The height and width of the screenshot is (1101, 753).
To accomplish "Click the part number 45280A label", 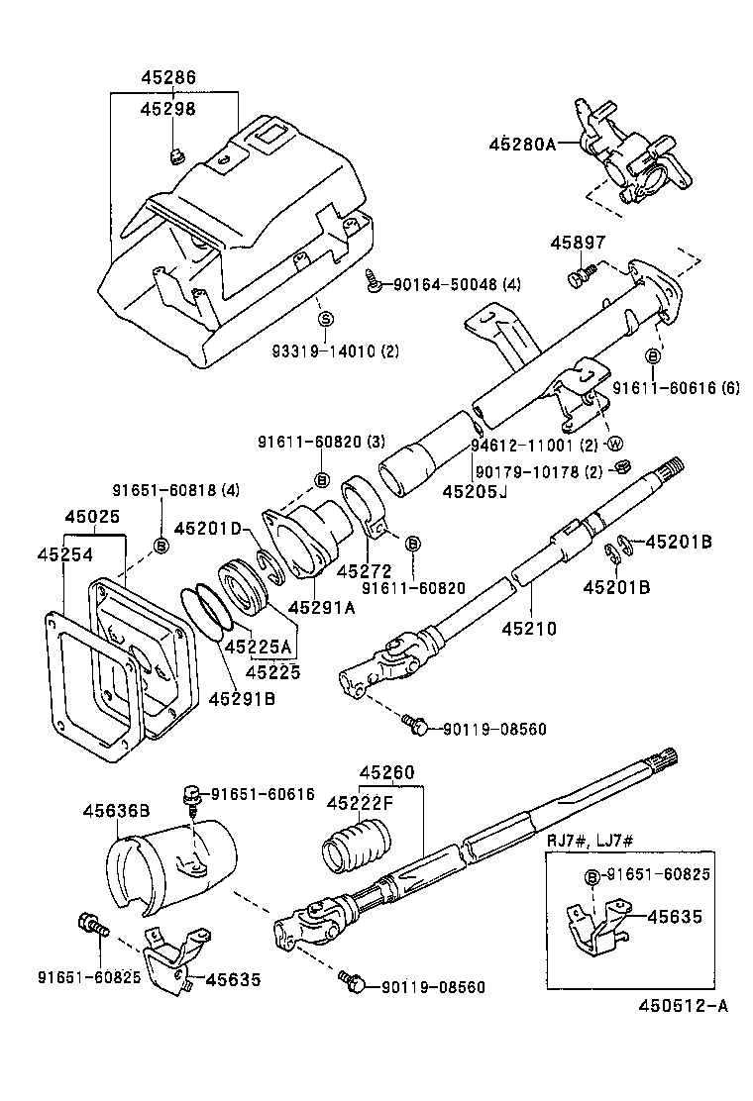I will [521, 144].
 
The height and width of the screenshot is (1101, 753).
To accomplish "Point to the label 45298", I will [167, 109].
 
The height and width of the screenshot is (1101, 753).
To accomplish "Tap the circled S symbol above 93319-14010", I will [324, 319].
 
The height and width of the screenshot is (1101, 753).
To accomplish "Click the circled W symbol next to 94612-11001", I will [612, 442].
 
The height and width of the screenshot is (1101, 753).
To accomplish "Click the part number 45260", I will [386, 771].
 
